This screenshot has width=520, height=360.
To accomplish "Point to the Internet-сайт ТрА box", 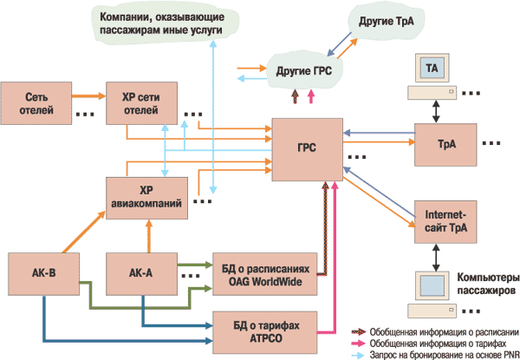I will pos(446,220).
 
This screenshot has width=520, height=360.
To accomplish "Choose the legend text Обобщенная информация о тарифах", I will pos(438,341).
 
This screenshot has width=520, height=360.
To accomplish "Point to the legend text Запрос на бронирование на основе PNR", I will pos(442,352).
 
